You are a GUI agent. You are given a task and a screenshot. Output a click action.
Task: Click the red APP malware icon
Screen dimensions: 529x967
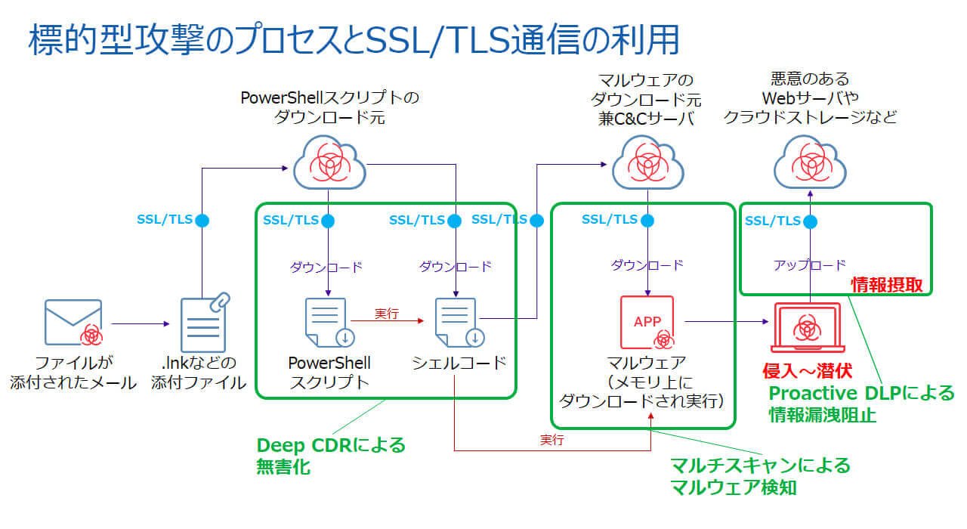[x=647, y=322]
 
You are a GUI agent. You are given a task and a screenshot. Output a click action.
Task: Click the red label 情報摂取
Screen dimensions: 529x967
[x=888, y=285]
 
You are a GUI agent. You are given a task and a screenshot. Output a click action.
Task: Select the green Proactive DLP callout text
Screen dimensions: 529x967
[x=861, y=404]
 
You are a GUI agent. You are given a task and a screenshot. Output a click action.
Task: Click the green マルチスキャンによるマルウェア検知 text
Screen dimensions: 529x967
[x=760, y=476]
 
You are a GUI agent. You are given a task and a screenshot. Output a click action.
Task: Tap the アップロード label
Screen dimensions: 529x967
[x=809, y=265]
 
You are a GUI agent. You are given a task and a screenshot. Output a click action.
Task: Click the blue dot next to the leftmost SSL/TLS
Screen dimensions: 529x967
[x=202, y=221]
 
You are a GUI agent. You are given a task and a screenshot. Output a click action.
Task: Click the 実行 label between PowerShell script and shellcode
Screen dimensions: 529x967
[x=387, y=313]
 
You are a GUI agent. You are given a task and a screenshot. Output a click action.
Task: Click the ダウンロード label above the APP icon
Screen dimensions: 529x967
[x=647, y=265]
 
